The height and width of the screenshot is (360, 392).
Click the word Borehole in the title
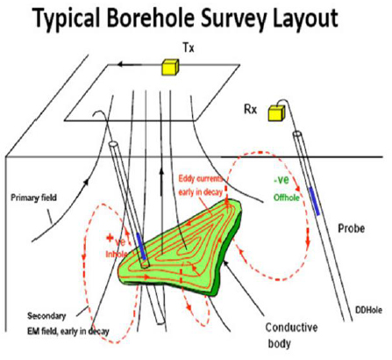pos(151,18)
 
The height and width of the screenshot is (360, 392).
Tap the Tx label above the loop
pos(189,48)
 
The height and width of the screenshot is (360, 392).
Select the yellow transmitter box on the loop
pos(170,67)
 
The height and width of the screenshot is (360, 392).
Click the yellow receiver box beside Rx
pos(276,112)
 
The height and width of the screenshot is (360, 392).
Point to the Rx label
pos(251,110)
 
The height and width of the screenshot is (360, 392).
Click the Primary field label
pos(33,198)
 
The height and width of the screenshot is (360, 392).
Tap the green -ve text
pos(282,180)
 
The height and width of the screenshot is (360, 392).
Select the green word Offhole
pos(287,198)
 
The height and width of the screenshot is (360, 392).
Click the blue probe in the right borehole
pos(315,201)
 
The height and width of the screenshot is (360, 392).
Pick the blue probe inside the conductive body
pos(141,246)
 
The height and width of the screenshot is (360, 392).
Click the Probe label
pos(351,228)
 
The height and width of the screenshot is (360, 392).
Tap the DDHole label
pos(368,310)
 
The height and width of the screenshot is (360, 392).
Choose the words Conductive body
pos(291,335)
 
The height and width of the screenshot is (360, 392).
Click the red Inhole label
pos(117,254)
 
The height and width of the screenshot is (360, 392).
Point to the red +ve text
pos(116,241)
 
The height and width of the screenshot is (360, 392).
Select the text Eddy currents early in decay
pos(201,185)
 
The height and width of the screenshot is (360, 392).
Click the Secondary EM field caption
pos(68,324)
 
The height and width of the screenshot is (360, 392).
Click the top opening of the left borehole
pos(113,144)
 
